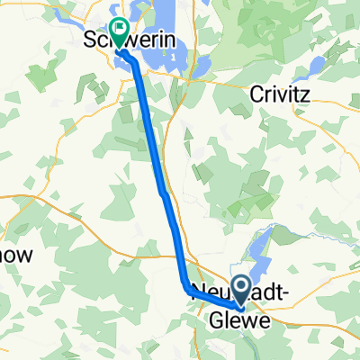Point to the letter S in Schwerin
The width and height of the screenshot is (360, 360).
(x=88, y=42)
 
